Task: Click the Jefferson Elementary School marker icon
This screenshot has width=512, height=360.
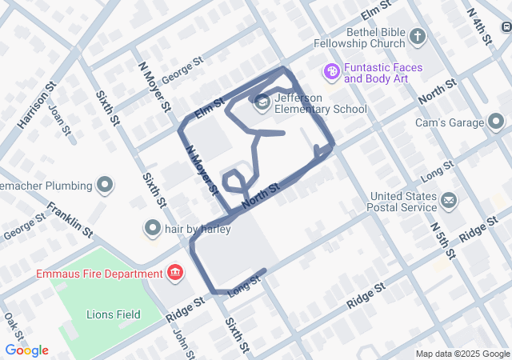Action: pos(262,102)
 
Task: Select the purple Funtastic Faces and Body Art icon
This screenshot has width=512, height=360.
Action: pos(331,72)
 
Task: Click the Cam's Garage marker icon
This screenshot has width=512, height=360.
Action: pos(496,122)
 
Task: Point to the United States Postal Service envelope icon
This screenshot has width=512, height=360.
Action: pos(448,199)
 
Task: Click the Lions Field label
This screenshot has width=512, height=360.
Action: pos(113,314)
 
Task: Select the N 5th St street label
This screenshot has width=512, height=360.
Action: pos(441,241)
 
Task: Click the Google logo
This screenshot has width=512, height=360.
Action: pos(26,350)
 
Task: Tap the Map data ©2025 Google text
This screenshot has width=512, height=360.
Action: pos(462,354)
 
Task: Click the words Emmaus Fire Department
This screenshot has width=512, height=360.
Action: pos(98,274)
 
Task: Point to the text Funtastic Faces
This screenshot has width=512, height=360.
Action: pos(378,67)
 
